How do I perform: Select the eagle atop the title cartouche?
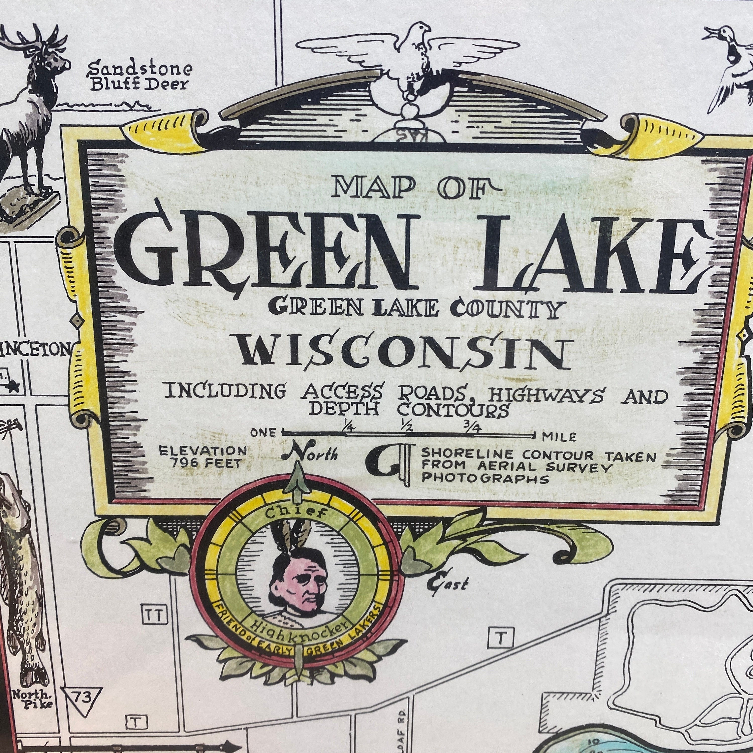409,54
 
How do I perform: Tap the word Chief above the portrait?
296,513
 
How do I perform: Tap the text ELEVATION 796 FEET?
203,457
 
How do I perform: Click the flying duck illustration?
729,66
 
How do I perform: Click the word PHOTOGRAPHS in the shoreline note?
485,478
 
